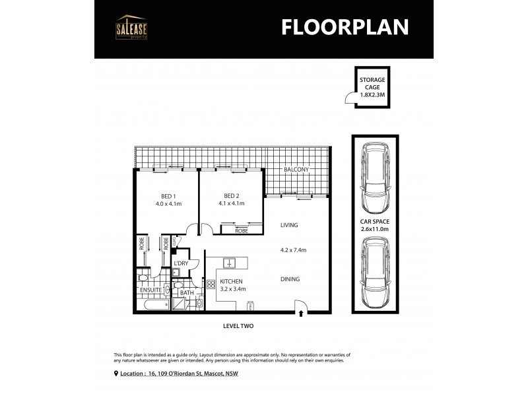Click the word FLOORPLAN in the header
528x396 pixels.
pyautogui.click(x=345, y=26)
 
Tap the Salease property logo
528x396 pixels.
pyautogui.click(x=132, y=27)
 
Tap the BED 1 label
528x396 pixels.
pyautogui.click(x=168, y=196)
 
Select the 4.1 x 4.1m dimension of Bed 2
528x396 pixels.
pyautogui.click(x=231, y=203)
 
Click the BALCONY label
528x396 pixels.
pyautogui.click(x=296, y=170)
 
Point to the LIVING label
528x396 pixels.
pyautogui.click(x=289, y=225)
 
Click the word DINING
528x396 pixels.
pyautogui.click(x=290, y=279)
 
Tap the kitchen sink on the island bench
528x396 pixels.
pyautogui.click(x=229, y=263)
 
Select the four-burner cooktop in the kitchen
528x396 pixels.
pyautogui.click(x=211, y=285)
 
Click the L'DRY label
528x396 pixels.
pyautogui.click(x=181, y=263)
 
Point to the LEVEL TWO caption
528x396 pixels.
pyautogui.click(x=238, y=326)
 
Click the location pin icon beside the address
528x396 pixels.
pyautogui.click(x=117, y=374)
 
